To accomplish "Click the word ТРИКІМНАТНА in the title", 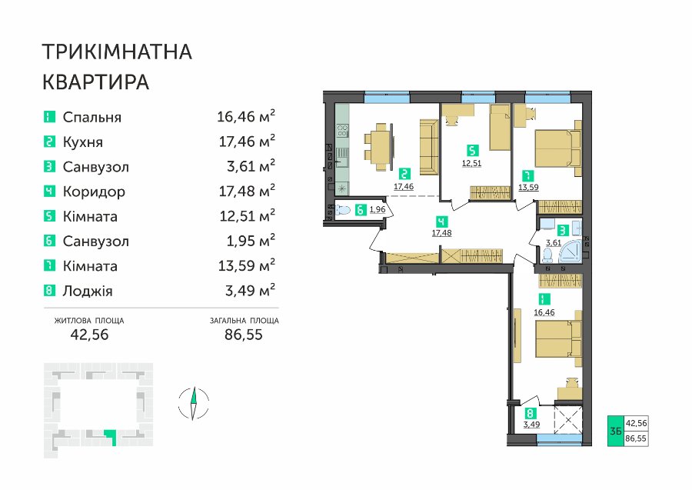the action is (x=117, y=52).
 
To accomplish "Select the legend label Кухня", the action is (x=83, y=142).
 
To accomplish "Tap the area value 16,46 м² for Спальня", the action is (x=246, y=117).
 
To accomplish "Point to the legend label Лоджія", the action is (x=88, y=291).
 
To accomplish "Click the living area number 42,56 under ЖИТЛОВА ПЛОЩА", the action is (x=89, y=335).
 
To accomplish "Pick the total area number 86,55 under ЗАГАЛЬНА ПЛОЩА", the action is (x=244, y=335).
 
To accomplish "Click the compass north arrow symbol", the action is (x=193, y=403).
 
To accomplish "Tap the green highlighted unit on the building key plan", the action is (x=111, y=437).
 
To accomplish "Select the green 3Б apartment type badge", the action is (x=616, y=431).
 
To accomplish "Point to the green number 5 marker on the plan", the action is (x=472, y=151).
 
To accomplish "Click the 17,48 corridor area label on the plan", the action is (x=441, y=232).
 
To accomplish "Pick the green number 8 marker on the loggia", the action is (x=530, y=414).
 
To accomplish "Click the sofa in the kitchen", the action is (x=428, y=148).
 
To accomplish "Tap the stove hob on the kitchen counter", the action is (x=342, y=130).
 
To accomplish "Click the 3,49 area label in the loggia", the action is (x=531, y=425).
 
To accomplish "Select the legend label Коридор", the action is (x=94, y=192).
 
